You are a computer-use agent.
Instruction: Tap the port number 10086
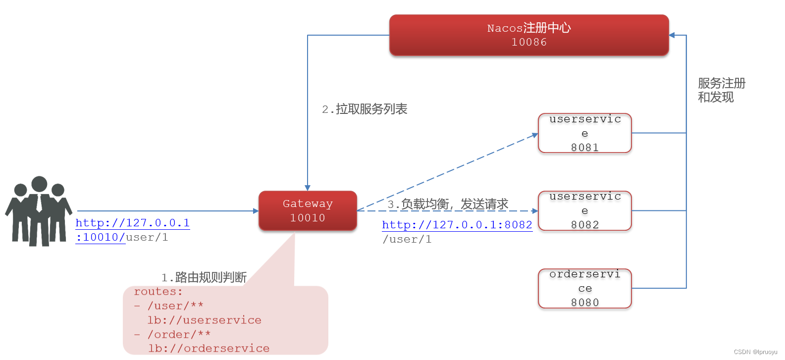[x=529, y=43]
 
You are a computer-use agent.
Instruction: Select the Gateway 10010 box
[x=308, y=211]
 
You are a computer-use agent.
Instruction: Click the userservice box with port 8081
[x=584, y=133]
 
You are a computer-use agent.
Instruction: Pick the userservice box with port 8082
[x=584, y=211]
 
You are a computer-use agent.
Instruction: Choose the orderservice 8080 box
[x=584, y=288]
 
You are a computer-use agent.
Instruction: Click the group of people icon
[x=39, y=211]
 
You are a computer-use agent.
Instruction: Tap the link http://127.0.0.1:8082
[x=457, y=225]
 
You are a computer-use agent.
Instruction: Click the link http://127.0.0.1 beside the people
[x=132, y=223]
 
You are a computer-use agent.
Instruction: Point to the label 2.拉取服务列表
[x=365, y=109]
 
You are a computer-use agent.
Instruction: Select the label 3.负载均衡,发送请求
[x=448, y=204]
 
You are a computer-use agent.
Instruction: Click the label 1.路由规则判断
[x=204, y=277]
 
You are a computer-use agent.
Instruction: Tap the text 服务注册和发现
[x=721, y=90]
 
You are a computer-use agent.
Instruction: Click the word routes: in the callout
[x=158, y=292]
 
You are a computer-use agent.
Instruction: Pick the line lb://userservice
[x=204, y=320]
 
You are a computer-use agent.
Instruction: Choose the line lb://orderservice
[x=209, y=349]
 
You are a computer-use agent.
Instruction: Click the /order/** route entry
[x=179, y=335]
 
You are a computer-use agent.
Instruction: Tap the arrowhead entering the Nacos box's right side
[x=672, y=35]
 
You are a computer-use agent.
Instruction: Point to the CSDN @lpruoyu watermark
[x=755, y=352]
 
